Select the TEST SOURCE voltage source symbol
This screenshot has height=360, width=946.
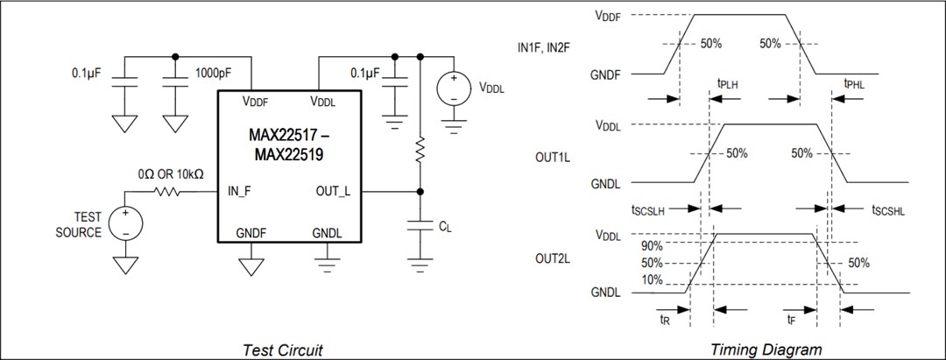[x=126, y=223]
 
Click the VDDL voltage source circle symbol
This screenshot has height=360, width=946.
[x=454, y=88]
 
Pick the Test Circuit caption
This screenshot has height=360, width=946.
[x=282, y=349]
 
